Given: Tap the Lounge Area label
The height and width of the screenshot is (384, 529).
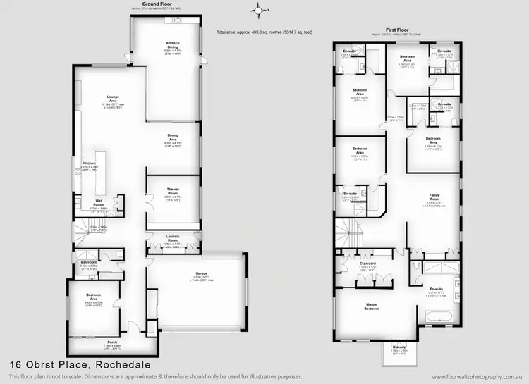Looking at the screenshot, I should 113,98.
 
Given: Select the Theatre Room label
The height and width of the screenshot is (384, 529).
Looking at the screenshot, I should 173,189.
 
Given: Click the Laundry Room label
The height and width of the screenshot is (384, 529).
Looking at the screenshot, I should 172,238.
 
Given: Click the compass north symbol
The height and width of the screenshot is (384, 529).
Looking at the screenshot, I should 258,10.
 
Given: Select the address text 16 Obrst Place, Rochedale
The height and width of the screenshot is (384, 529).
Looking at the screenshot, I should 69,365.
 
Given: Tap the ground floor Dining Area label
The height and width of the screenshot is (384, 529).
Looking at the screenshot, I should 173,138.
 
